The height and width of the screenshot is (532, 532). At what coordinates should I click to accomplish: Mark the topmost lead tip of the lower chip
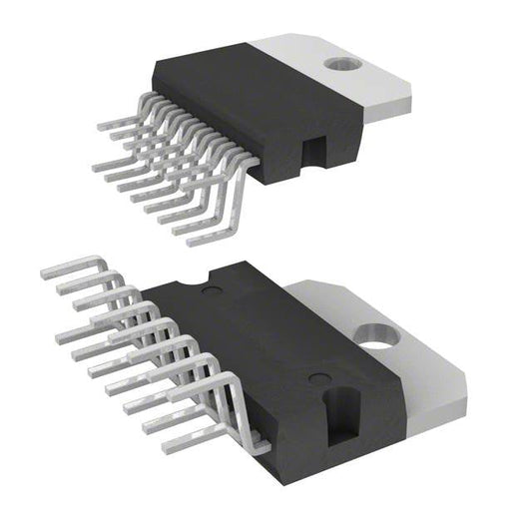46,270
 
